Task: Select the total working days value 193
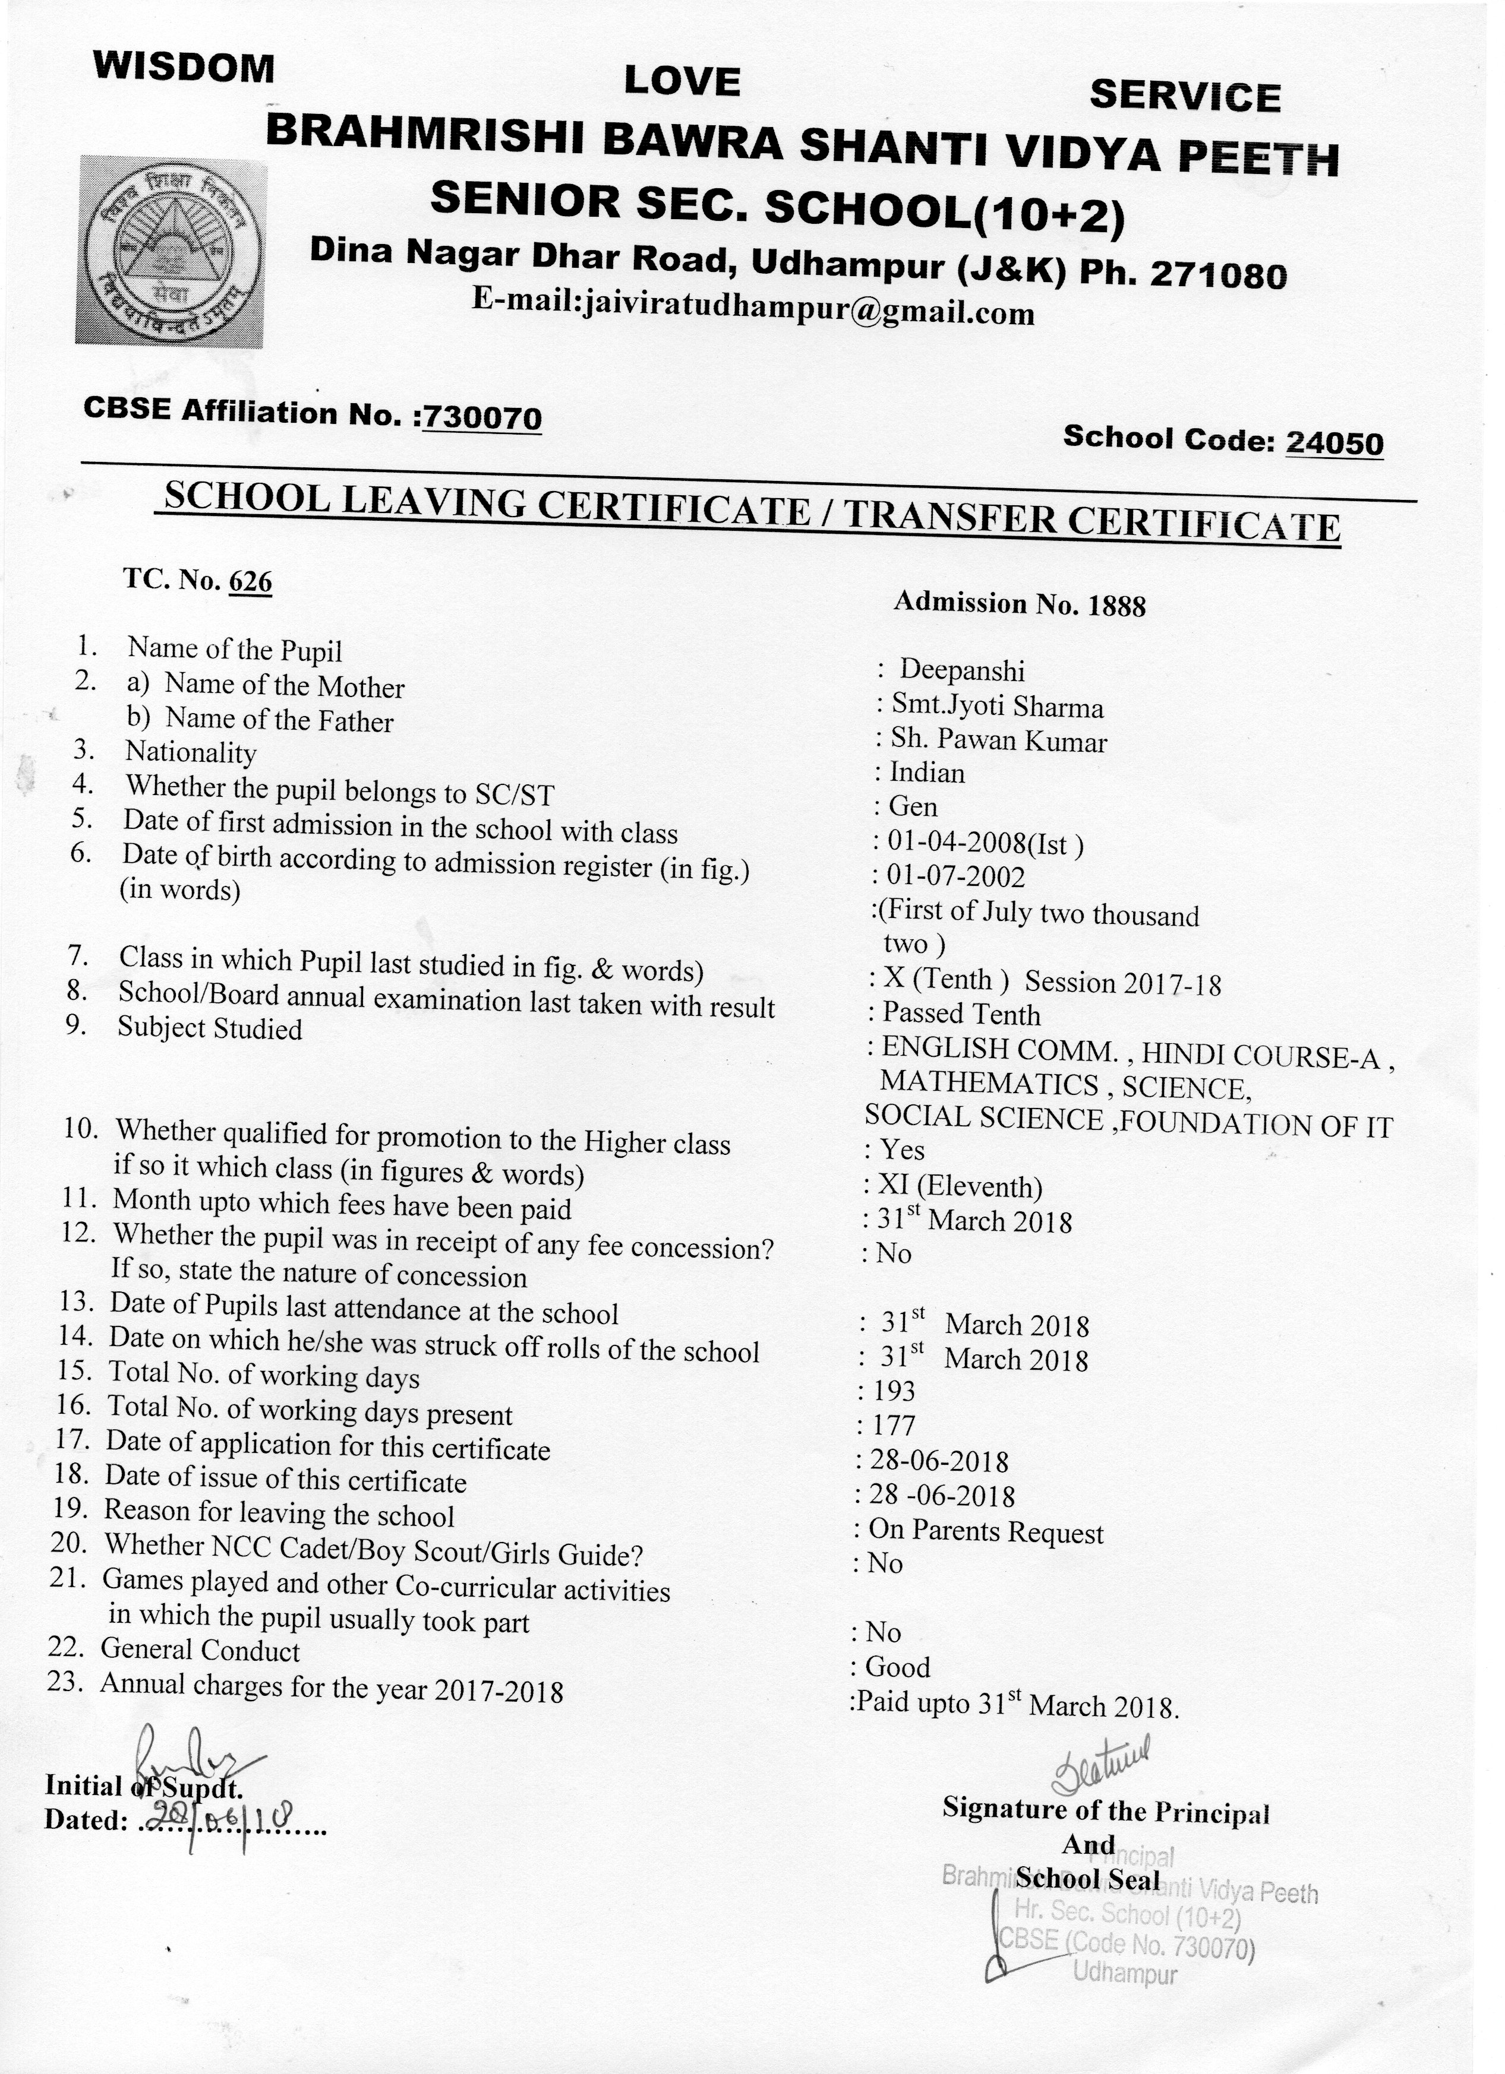pyautogui.click(x=894, y=1391)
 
